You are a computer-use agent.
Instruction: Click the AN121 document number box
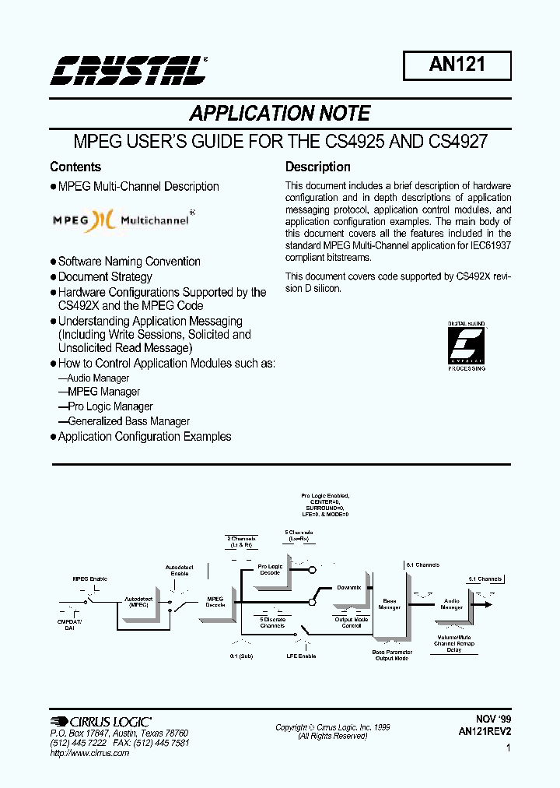[457, 65]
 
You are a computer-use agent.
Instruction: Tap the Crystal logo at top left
[128, 69]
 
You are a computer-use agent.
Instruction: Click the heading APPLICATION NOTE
[280, 114]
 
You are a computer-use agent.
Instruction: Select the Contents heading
[75, 167]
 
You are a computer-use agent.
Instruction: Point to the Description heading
[317, 167]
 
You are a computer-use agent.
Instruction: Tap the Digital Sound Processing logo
[467, 346]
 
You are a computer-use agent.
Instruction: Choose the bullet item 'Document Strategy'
[105, 277]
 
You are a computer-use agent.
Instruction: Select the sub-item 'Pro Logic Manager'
[110, 406]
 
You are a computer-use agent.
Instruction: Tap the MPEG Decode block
[215, 602]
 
